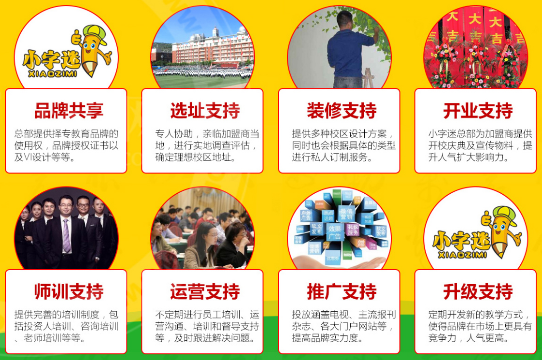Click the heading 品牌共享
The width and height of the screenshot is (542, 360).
tap(69, 111)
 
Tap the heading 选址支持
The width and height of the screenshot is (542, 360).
tap(205, 111)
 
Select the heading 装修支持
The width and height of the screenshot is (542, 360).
tap(342, 111)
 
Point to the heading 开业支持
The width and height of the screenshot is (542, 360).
tap(478, 111)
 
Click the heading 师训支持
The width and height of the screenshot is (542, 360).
tap(69, 292)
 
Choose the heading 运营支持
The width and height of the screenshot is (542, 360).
tap(205, 292)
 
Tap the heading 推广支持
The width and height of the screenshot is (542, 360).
tap(342, 292)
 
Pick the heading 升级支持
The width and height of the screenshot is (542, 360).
tap(478, 292)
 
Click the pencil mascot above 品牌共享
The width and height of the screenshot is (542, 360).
tap(92, 51)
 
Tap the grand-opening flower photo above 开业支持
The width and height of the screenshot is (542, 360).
tap(476, 48)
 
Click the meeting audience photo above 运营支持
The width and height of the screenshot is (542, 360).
tap(203, 232)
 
